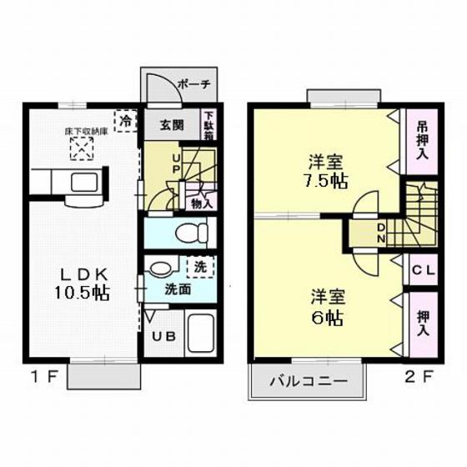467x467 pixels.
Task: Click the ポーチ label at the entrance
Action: point(196,84)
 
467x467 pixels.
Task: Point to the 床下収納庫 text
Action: point(81,132)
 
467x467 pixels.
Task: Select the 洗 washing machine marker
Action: point(200,269)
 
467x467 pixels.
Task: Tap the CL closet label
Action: point(422,269)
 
